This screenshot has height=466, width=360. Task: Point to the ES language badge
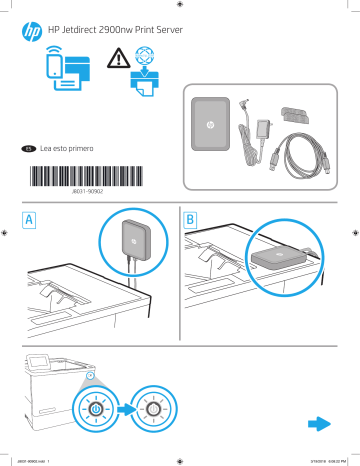(29, 148)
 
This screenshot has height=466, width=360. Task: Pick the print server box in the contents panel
(211, 128)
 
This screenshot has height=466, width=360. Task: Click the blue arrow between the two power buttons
(125, 409)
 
